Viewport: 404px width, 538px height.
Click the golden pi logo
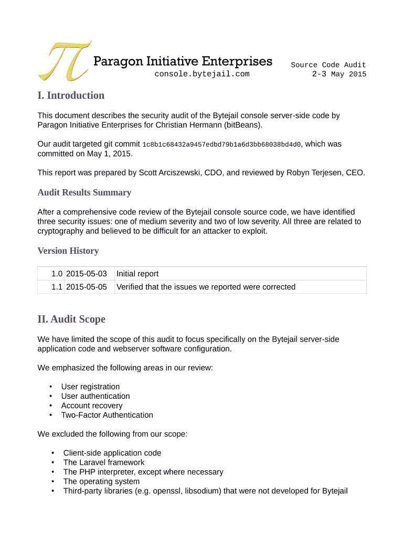tap(63, 60)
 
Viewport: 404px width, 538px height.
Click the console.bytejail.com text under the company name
tap(202, 74)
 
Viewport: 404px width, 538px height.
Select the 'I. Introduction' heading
tap(71, 95)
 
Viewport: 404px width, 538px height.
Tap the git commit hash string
tap(222, 144)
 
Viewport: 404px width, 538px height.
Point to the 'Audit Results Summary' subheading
tap(84, 192)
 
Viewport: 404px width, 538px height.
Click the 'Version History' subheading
tap(68, 251)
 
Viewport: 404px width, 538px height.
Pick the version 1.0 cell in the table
tap(57, 274)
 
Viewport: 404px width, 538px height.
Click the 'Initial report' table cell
tap(137, 274)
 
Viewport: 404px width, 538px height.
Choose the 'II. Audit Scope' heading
tap(71, 319)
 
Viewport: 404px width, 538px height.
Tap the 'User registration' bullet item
tap(90, 387)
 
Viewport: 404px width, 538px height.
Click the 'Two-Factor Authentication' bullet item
tap(107, 415)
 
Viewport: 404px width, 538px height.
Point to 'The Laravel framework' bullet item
tap(104, 462)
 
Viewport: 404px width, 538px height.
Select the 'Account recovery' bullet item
tap(92, 406)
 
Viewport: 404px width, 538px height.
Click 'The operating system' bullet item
tap(101, 481)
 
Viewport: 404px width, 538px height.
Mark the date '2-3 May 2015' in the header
tap(339, 74)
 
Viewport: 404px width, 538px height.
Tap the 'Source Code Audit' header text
tap(328, 65)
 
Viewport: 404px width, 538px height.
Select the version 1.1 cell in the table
tap(57, 287)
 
